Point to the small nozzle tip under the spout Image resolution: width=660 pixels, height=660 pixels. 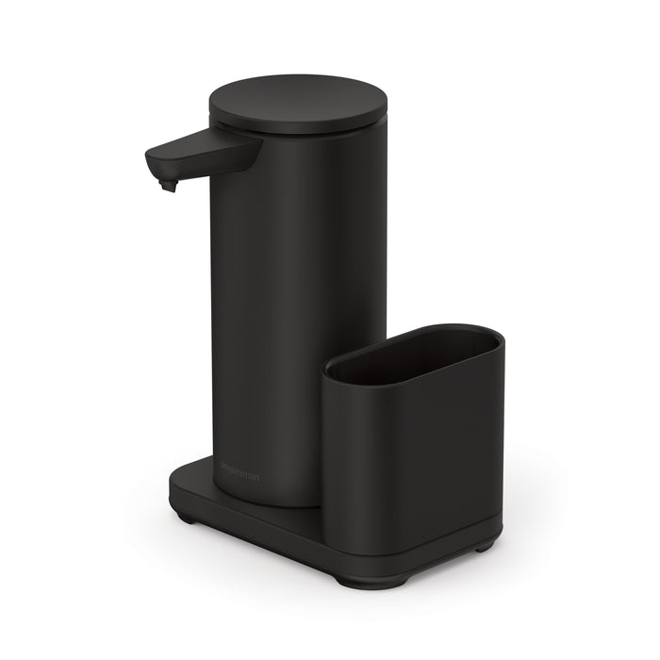click(x=168, y=185)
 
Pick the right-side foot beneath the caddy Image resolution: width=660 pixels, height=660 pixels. click(x=484, y=546)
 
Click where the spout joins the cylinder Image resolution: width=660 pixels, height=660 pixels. click(x=247, y=151)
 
